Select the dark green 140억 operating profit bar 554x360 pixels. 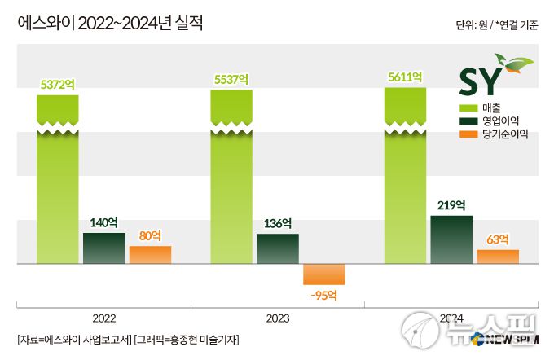pyautogui.click(x=104, y=248)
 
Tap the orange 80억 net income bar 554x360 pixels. pyautogui.click(x=150, y=255)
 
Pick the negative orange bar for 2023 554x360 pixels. pyautogui.click(x=324, y=274)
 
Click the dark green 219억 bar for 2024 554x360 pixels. pyautogui.click(x=451, y=239)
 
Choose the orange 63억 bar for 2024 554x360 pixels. pyautogui.click(x=498, y=257)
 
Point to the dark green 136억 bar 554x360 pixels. pyautogui.click(x=278, y=249)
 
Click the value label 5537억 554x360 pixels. pyautogui.click(x=231, y=80)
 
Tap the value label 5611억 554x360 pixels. pyautogui.click(x=404, y=77)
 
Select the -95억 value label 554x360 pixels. pyautogui.click(x=324, y=295)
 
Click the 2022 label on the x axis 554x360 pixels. pyautogui.click(x=104, y=318)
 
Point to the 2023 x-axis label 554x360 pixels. pyautogui.click(x=278, y=318)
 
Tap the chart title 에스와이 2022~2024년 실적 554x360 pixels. pyautogui.click(x=111, y=24)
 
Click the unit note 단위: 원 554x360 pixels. pyautogui.click(x=476, y=26)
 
